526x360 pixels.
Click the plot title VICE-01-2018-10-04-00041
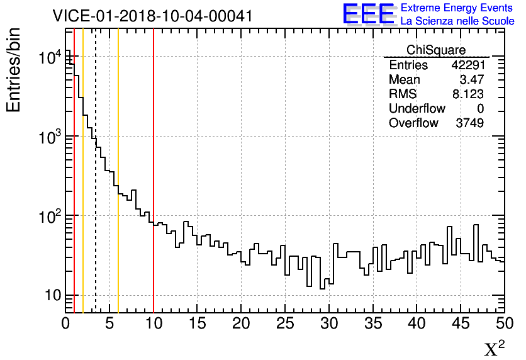pyautogui.click(x=152, y=16)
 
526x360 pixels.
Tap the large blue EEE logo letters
pyautogui.click(x=369, y=14)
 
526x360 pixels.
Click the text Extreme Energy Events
pyautogui.click(x=457, y=8)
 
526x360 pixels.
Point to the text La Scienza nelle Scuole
pyautogui.click(x=457, y=21)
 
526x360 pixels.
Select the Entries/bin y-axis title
pyautogui.click(x=14, y=70)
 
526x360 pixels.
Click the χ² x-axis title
pyautogui.click(x=495, y=349)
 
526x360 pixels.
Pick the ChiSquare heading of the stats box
pyautogui.click(x=436, y=50)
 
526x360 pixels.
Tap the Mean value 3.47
pyautogui.click(x=472, y=80)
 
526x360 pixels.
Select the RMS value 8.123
pyautogui.click(x=467, y=94)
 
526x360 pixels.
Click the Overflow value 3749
pyautogui.click(x=469, y=123)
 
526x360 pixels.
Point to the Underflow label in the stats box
pyautogui.click(x=417, y=109)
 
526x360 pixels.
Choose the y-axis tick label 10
pyautogui.click(x=51, y=296)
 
